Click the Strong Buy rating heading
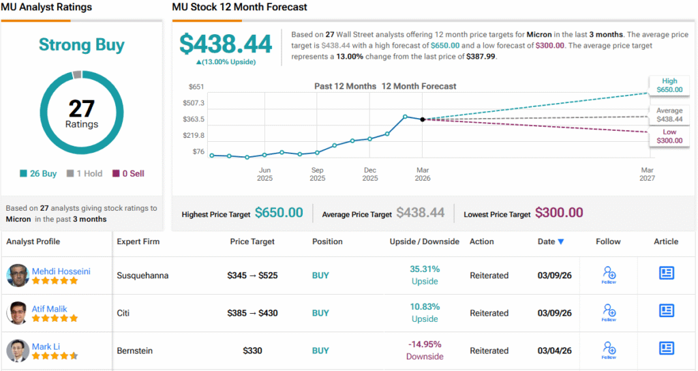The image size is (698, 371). click(x=82, y=45)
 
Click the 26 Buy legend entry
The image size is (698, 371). click(x=38, y=174)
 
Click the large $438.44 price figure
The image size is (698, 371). click(x=226, y=44)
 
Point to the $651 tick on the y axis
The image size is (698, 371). click(x=196, y=87)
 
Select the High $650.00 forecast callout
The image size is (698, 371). click(x=669, y=85)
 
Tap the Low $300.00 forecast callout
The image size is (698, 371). click(x=669, y=136)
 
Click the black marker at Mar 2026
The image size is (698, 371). click(x=423, y=119)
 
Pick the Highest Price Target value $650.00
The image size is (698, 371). click(x=279, y=213)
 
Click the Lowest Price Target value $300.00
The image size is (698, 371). click(x=559, y=213)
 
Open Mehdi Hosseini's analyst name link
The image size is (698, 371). click(x=61, y=271)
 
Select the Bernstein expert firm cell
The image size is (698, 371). click(x=134, y=351)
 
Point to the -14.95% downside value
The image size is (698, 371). click(x=425, y=344)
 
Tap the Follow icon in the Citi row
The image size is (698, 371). click(x=609, y=312)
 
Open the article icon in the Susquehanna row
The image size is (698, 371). click(x=666, y=273)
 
